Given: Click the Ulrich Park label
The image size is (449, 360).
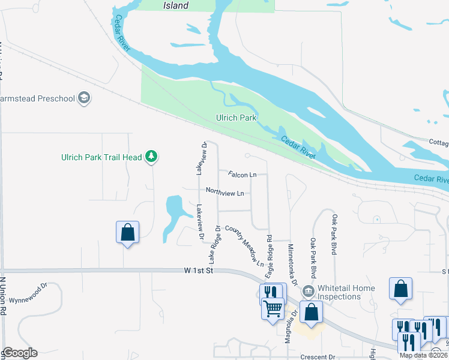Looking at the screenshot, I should [x=237, y=118].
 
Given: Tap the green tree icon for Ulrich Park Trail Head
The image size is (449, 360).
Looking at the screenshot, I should [x=152, y=157].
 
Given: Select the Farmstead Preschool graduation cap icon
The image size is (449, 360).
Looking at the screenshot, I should [x=85, y=98].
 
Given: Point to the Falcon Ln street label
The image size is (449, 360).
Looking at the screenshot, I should [x=243, y=175].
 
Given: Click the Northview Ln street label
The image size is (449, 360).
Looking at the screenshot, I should [x=224, y=193].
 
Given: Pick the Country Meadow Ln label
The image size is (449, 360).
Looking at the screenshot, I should [x=244, y=245].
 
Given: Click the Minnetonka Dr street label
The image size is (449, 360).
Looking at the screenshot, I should [x=292, y=265].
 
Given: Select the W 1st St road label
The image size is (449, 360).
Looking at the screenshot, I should [x=199, y=272].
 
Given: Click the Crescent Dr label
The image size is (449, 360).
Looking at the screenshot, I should [x=318, y=357].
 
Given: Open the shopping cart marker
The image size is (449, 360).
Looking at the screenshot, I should [x=273, y=309].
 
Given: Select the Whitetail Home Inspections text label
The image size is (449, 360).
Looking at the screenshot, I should [x=346, y=292].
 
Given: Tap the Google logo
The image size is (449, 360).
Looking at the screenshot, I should [x=20, y=353].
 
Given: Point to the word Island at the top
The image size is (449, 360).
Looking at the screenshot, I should [x=176, y=6].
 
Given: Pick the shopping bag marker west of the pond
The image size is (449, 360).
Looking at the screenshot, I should [x=127, y=233].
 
